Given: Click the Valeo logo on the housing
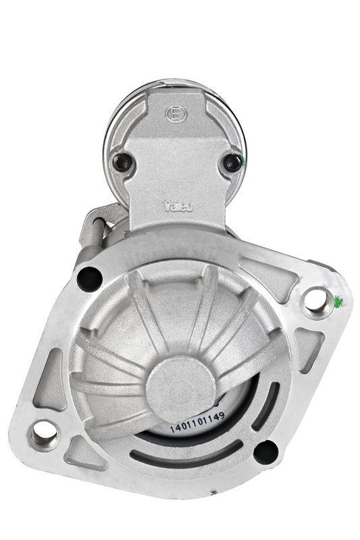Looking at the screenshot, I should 178,206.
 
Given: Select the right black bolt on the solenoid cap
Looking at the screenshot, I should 232,161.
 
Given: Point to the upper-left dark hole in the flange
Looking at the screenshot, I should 89,277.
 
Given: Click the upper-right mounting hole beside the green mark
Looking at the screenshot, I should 316,300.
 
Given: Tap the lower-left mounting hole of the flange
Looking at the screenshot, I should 45,432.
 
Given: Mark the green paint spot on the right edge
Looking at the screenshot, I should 338,301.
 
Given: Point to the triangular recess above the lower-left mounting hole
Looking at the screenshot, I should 51,385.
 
